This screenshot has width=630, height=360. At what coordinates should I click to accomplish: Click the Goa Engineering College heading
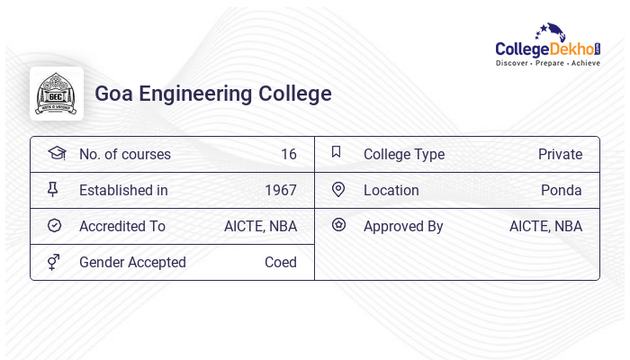click(x=213, y=94)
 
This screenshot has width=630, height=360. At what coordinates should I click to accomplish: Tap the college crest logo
click(x=57, y=94)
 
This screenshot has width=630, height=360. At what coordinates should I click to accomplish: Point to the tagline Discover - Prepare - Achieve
click(x=548, y=64)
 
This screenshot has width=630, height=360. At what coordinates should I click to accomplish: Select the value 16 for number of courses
click(x=288, y=154)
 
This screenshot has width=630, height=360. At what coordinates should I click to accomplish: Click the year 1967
click(x=281, y=190)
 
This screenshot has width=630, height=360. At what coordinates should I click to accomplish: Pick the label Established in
click(x=123, y=190)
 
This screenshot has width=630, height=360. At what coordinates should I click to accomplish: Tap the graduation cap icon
click(x=56, y=153)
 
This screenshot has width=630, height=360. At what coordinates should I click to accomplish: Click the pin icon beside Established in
click(x=53, y=189)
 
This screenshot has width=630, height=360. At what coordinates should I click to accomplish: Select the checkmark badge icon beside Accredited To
click(x=54, y=226)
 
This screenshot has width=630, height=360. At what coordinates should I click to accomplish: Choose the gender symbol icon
click(x=54, y=262)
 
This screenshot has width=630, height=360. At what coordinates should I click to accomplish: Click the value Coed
click(x=281, y=262)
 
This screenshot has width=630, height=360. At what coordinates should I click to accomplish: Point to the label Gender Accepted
click(x=132, y=262)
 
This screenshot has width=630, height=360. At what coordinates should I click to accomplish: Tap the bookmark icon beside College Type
click(x=337, y=152)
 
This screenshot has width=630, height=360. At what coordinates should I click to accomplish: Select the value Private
click(x=560, y=154)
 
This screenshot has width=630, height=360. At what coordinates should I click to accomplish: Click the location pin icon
click(x=338, y=189)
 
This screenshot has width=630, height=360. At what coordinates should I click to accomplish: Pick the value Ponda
click(x=562, y=190)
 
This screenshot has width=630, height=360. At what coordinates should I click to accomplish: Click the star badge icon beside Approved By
click(x=338, y=225)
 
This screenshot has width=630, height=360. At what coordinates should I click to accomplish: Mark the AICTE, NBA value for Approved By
click(x=545, y=226)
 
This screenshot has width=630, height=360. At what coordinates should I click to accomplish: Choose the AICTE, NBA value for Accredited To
click(x=260, y=226)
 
